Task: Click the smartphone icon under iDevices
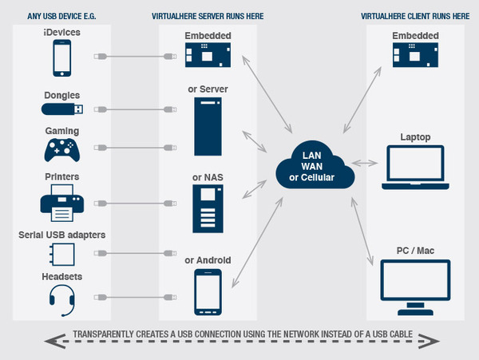64,57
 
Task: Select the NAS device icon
208,207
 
